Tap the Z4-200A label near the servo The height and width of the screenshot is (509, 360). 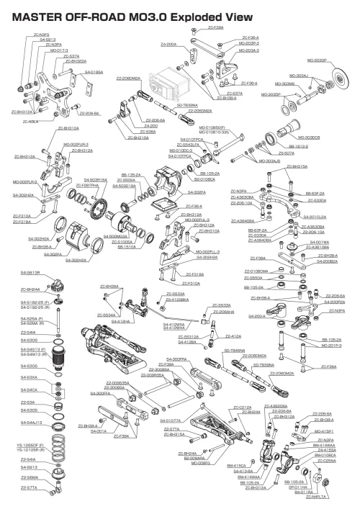pyautogui.click(x=170, y=44)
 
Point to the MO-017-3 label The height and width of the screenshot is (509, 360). pyautogui.click(x=38, y=50)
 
